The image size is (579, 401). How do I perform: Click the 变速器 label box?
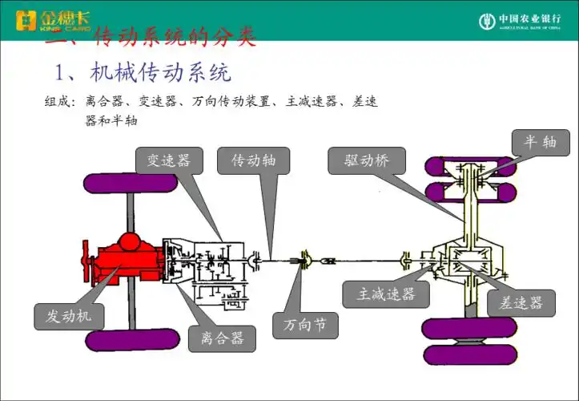pos(168,161)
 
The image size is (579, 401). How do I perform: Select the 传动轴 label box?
pos(254,161)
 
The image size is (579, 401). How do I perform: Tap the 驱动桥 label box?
pos(367,161)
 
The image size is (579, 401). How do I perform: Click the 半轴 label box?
pos(541,142)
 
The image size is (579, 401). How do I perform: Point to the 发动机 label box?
pos(69,316)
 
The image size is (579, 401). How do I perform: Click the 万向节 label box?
pos(305,325)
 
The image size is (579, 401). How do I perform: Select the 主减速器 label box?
pos(385,294)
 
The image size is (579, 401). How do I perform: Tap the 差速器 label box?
pos(521,302)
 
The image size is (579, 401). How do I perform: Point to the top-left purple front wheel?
pos(131,182)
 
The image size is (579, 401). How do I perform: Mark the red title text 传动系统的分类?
pos(174,37)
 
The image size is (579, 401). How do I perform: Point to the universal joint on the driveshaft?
pos(308,258)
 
